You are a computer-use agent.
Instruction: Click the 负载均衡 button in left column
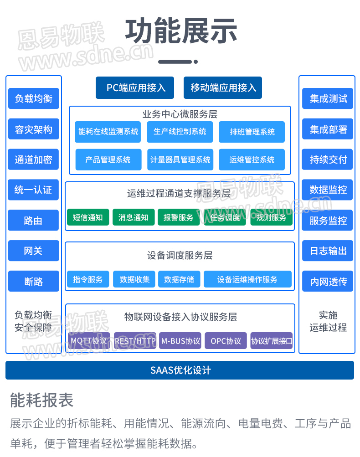pos(33,98)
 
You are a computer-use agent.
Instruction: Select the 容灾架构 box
pos(33,129)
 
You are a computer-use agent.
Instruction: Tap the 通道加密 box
pos(33,159)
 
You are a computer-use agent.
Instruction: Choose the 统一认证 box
pos(33,190)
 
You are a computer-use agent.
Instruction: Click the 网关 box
pos(33,251)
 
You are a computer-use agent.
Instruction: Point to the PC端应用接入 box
pos(135,87)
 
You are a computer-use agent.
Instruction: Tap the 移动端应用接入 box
pos(223,87)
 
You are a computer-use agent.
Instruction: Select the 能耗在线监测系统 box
pos(108,132)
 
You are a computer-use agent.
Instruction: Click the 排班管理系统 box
pos(252,132)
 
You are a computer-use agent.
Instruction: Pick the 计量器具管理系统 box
pos(180,159)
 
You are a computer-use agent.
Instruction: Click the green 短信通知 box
pos(88,217)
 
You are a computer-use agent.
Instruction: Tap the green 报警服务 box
pos(179,217)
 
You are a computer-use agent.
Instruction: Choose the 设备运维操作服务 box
pos(247,279)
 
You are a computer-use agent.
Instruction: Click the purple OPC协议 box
pos(226,341)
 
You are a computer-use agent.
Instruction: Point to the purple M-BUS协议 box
pos(180,341)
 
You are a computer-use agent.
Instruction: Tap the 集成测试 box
pos(328,98)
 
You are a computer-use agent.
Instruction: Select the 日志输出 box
pos(328,251)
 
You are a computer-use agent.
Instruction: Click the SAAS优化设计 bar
pos(180,370)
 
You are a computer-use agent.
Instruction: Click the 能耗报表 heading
pos(41,401)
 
